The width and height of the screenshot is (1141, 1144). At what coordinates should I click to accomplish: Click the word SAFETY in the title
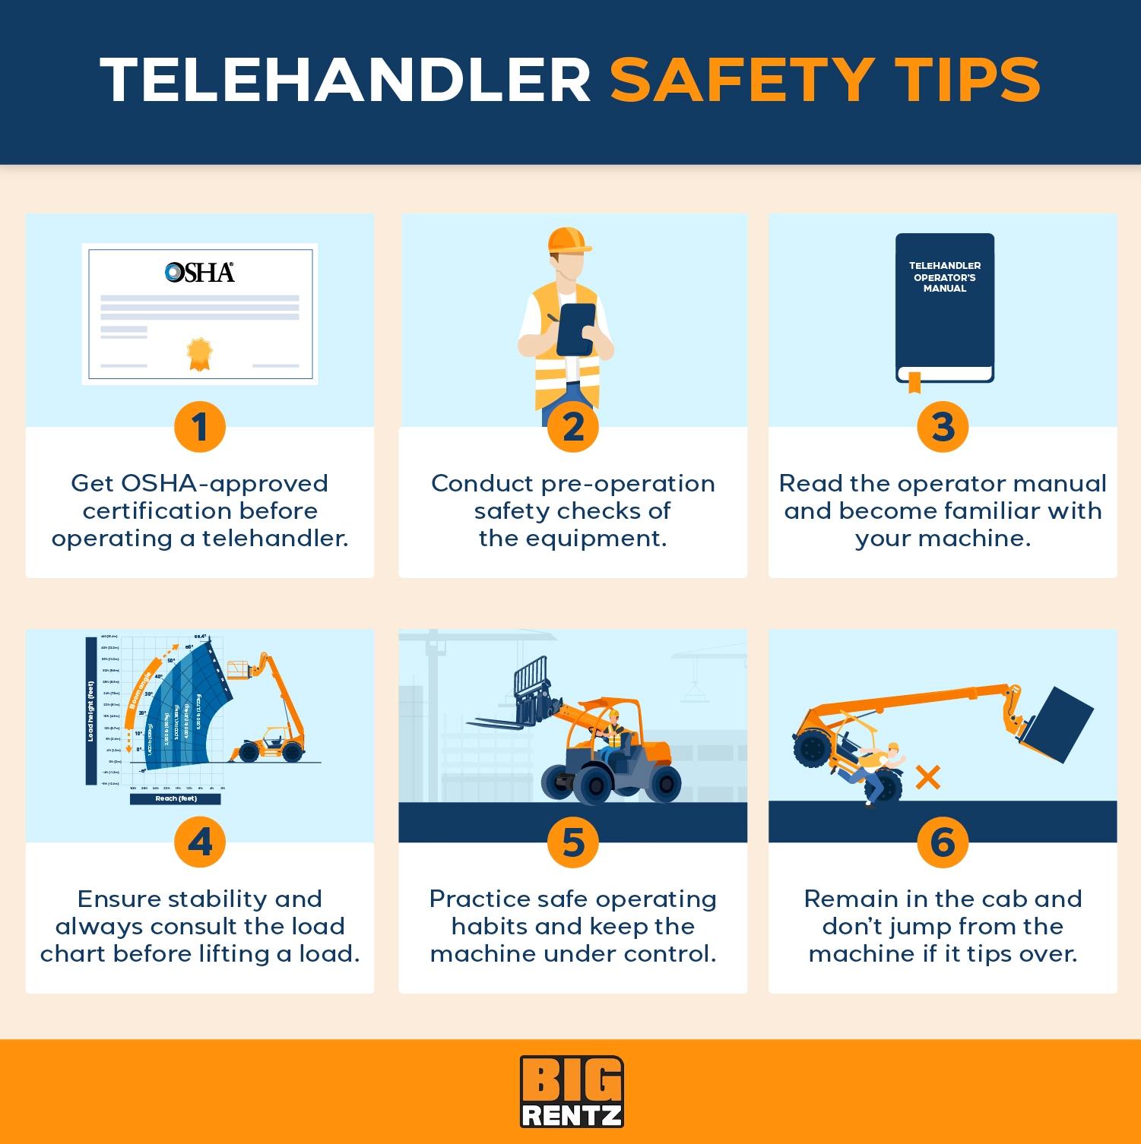[x=743, y=80]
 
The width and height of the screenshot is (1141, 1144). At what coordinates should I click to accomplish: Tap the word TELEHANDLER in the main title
[x=346, y=80]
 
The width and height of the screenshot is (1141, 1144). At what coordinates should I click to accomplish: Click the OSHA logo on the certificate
[x=200, y=273]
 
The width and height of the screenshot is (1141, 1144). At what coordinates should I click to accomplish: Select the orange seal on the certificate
[x=199, y=354]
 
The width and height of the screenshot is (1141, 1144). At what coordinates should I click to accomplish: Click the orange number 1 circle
[x=200, y=427]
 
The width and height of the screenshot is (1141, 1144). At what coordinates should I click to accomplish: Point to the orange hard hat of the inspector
[x=569, y=240]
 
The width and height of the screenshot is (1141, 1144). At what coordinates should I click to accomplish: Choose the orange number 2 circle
[x=573, y=427]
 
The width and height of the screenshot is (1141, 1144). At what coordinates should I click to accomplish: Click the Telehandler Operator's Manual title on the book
[x=945, y=277]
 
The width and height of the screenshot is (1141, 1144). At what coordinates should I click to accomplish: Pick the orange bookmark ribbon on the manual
[x=914, y=382]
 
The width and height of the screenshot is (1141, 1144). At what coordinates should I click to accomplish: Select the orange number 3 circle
[x=943, y=427]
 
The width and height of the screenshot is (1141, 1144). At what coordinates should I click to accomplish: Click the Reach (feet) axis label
[x=176, y=798]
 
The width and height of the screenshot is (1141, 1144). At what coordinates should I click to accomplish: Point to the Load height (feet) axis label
[x=91, y=711]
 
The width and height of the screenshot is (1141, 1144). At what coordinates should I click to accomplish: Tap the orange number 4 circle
[x=200, y=842]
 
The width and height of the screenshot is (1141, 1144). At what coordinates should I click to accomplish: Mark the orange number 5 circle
[x=573, y=842]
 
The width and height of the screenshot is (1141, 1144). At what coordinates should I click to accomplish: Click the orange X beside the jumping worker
[x=927, y=777]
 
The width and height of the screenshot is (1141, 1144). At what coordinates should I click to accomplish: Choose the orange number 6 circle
[x=943, y=842]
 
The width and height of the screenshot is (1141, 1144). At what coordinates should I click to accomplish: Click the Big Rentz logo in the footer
[x=572, y=1092]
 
